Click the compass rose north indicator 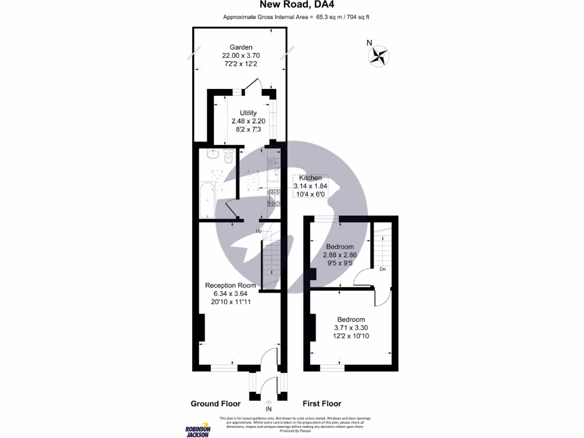pyautogui.click(x=378, y=55)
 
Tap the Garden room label pyautogui.click(x=241, y=47)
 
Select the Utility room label pyautogui.click(x=248, y=113)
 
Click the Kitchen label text pyautogui.click(x=311, y=178)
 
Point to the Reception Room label pyautogui.click(x=230, y=285)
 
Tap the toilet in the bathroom pyautogui.click(x=228, y=156)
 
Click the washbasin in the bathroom pyautogui.click(x=213, y=154)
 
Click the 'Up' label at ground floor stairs pyautogui.click(x=258, y=231)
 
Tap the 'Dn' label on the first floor pyautogui.click(x=383, y=269)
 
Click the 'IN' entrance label pyautogui.click(x=269, y=409)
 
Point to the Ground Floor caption pyautogui.click(x=212, y=404)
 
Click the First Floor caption pyautogui.click(x=322, y=404)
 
